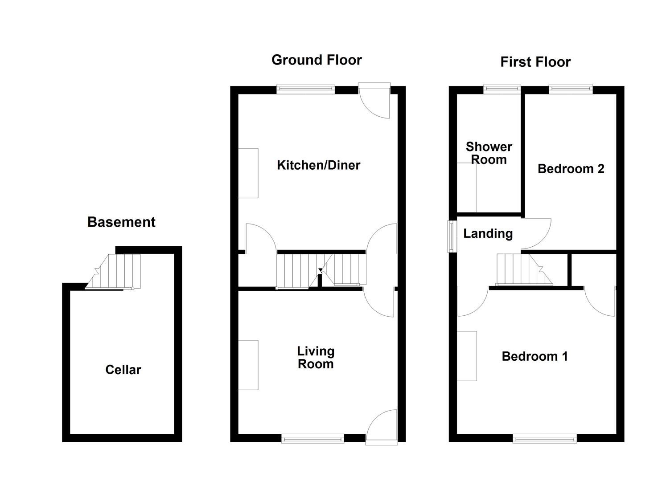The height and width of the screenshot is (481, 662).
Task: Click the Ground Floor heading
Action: [317, 60]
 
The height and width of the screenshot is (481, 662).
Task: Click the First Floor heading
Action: [535, 62]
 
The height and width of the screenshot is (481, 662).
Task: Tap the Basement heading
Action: [121, 222]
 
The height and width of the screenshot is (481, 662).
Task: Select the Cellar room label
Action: [123, 370]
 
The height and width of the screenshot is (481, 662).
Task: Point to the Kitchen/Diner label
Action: [318, 165]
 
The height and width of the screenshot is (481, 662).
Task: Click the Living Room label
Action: [316, 358]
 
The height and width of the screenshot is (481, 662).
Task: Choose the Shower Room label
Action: [489, 153]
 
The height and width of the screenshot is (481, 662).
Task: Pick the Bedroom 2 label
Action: [571, 169]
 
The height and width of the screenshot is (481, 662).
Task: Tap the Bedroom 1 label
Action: [535, 356]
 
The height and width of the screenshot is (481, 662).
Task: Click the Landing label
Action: [488, 233]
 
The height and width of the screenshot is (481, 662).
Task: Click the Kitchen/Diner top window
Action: [305, 90]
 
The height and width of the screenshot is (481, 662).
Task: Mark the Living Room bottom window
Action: [312, 439]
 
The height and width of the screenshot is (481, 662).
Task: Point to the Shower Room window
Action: [502, 89]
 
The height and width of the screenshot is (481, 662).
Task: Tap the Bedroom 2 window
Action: [571, 89]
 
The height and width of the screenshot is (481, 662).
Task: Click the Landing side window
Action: [452, 236]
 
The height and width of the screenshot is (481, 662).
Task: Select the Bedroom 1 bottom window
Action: [545, 439]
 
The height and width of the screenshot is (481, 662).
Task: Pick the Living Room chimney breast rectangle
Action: [248, 365]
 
